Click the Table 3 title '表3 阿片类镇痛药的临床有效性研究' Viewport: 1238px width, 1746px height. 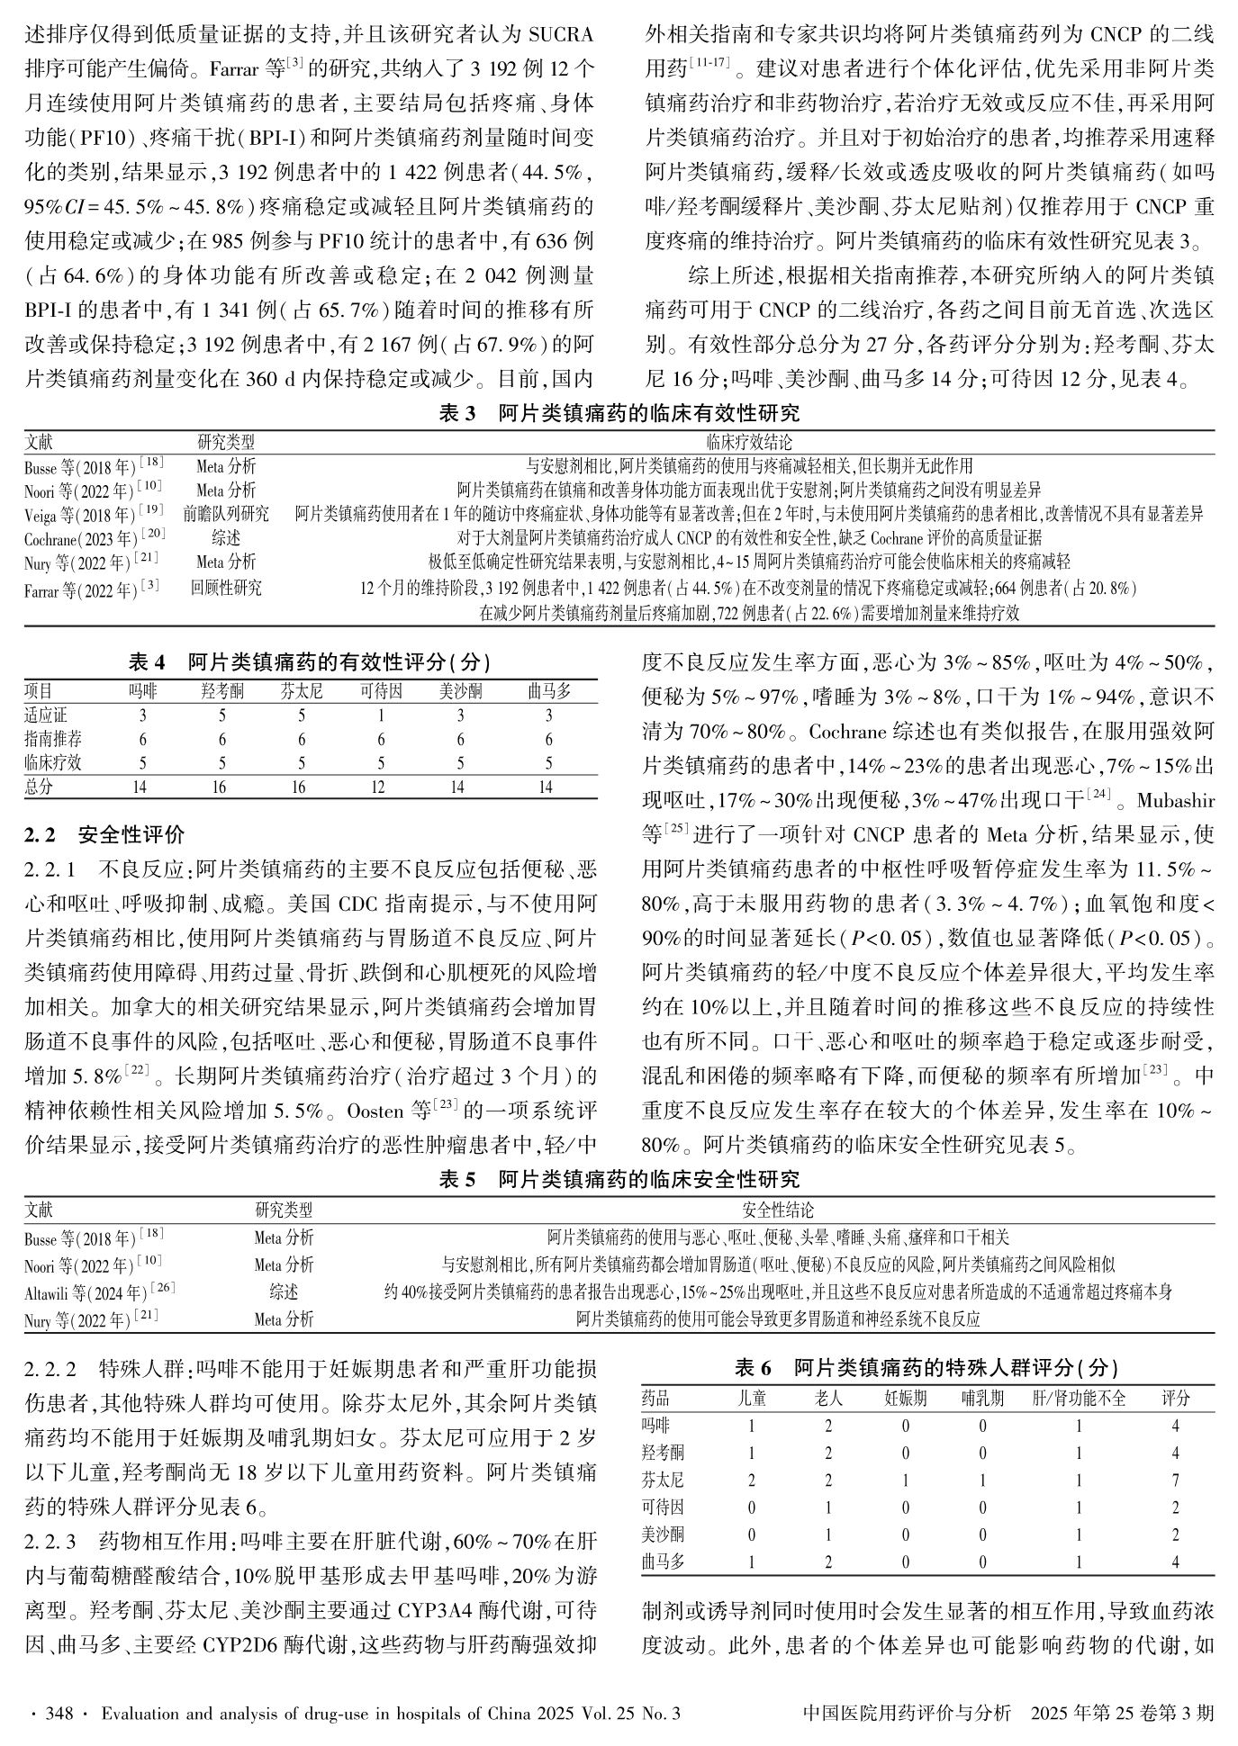coord(619,414)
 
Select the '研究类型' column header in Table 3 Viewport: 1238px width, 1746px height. coord(226,443)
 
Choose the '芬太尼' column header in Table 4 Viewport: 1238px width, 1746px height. coord(301,691)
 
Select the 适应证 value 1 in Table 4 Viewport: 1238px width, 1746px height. coord(380,715)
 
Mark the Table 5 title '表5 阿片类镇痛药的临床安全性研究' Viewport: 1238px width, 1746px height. coord(619,1179)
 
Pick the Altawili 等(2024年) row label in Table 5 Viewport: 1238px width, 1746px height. coord(99,1292)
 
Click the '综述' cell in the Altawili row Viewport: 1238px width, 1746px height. coord(284,1292)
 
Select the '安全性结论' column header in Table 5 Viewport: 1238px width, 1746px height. coord(778,1210)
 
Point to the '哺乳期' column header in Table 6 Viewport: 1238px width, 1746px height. coord(982,1399)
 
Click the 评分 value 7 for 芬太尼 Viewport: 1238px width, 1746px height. coord(1175,1480)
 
